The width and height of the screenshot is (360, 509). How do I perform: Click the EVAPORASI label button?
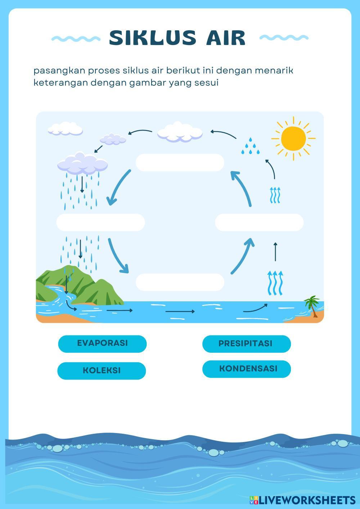click(x=102, y=343)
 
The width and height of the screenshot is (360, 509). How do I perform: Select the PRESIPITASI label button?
click(x=246, y=344)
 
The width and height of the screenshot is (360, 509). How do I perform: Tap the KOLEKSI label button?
click(x=102, y=371)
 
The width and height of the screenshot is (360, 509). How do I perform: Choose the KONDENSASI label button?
click(x=246, y=369)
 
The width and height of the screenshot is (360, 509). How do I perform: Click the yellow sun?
click(x=293, y=138)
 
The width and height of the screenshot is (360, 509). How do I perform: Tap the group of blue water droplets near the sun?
click(x=251, y=147)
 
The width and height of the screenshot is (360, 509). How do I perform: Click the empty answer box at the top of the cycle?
click(x=180, y=163)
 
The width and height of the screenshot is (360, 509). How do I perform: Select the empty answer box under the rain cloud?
click(x=100, y=222)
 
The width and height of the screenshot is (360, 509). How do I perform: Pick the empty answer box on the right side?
click(x=259, y=222)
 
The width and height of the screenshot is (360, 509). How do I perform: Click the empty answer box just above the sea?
click(x=180, y=282)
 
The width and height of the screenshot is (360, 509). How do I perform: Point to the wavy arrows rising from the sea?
click(x=275, y=283)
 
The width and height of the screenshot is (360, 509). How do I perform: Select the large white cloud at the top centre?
click(x=180, y=132)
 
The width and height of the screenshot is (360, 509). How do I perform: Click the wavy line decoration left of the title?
click(x=76, y=38)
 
